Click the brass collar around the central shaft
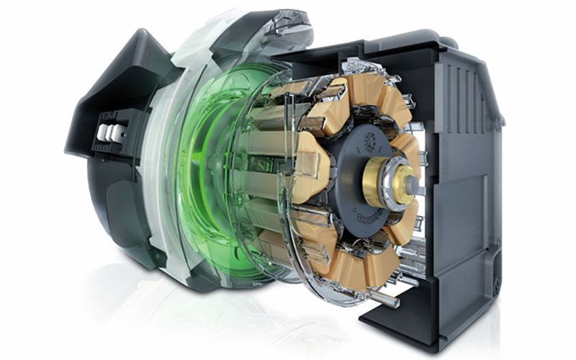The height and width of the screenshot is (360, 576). (379, 181)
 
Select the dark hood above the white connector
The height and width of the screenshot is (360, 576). (108, 79)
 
